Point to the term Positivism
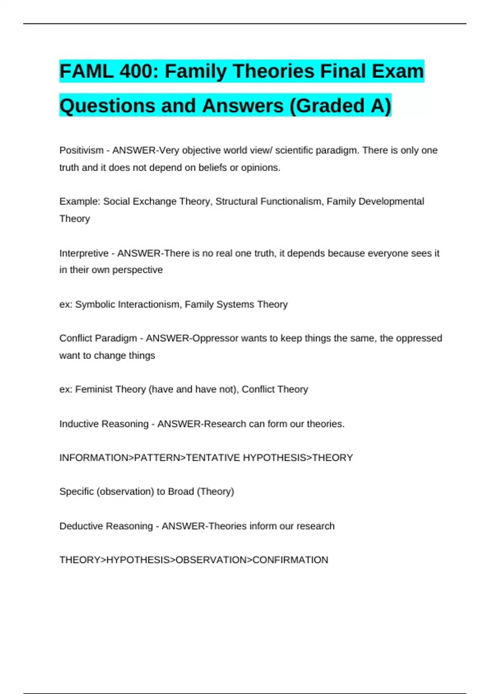(81, 150)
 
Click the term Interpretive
(84, 253)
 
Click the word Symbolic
(95, 305)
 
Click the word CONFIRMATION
(290, 560)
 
